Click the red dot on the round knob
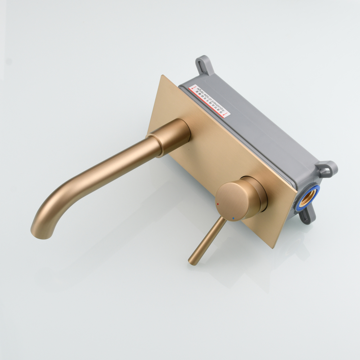(x=218, y=204)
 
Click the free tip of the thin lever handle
(x=193, y=261)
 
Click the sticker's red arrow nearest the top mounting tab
(x=193, y=87)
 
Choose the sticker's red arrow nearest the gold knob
(x=226, y=115)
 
